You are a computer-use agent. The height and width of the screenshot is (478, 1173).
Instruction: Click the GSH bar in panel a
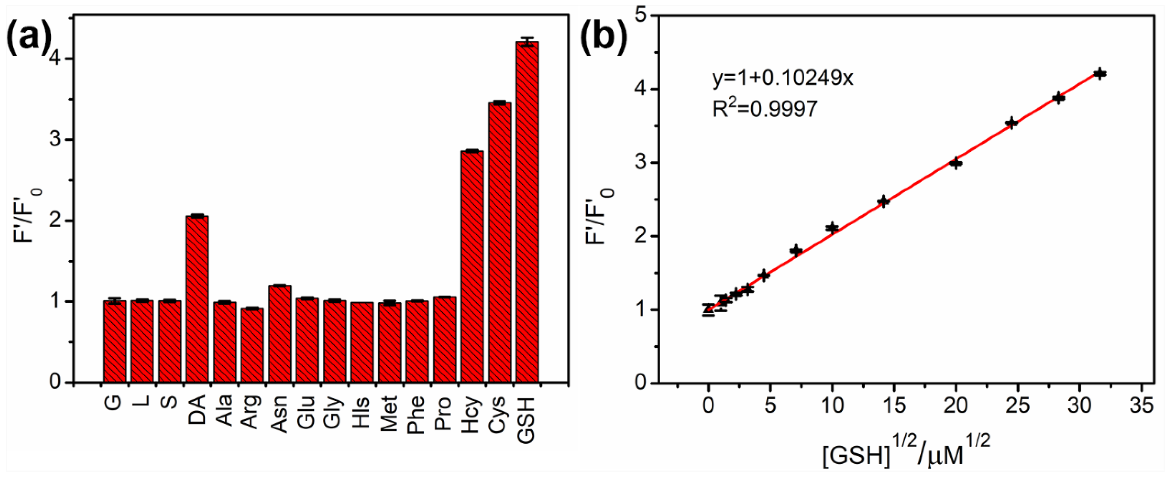pyautogui.click(x=527, y=212)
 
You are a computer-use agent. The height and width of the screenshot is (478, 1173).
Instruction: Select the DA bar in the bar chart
pyautogui.click(x=197, y=298)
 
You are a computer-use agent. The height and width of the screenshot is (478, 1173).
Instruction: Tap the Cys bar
pyautogui.click(x=500, y=241)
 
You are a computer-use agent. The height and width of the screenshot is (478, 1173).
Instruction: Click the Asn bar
pyautogui.click(x=279, y=333)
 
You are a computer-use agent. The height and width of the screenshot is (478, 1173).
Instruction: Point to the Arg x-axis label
pyautogui.click(x=252, y=413)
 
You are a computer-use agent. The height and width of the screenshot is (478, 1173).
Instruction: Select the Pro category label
pyautogui.click(x=444, y=413)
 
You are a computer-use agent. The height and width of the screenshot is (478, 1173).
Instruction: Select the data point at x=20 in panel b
pyautogui.click(x=956, y=163)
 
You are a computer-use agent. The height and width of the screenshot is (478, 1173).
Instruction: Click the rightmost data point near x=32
pyautogui.click(x=1100, y=74)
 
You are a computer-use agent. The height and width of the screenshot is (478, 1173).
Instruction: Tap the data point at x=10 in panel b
pyautogui.click(x=832, y=228)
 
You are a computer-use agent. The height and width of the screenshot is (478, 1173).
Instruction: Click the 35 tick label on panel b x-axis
pyautogui.click(x=1141, y=405)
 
